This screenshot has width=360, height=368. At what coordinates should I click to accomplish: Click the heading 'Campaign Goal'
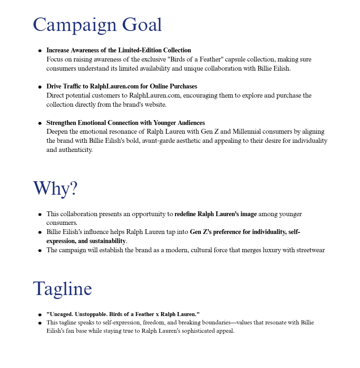point(97,25)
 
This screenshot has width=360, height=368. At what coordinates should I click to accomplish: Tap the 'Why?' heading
point(55,188)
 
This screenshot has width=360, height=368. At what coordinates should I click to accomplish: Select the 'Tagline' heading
point(62,288)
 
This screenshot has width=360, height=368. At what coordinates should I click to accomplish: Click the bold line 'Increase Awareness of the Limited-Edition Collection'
point(119,50)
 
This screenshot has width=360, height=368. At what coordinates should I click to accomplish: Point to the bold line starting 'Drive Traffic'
point(121,86)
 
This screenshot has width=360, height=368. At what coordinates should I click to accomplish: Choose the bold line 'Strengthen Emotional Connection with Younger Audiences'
point(125,123)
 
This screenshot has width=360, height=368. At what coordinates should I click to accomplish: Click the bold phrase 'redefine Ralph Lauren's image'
point(216,214)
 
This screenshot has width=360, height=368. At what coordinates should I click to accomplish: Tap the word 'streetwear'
point(309,250)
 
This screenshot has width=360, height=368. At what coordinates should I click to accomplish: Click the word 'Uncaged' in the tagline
point(61,314)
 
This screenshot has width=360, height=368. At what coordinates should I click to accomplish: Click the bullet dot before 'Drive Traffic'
point(40,87)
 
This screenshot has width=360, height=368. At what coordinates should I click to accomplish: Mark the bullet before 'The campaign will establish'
point(40,251)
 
